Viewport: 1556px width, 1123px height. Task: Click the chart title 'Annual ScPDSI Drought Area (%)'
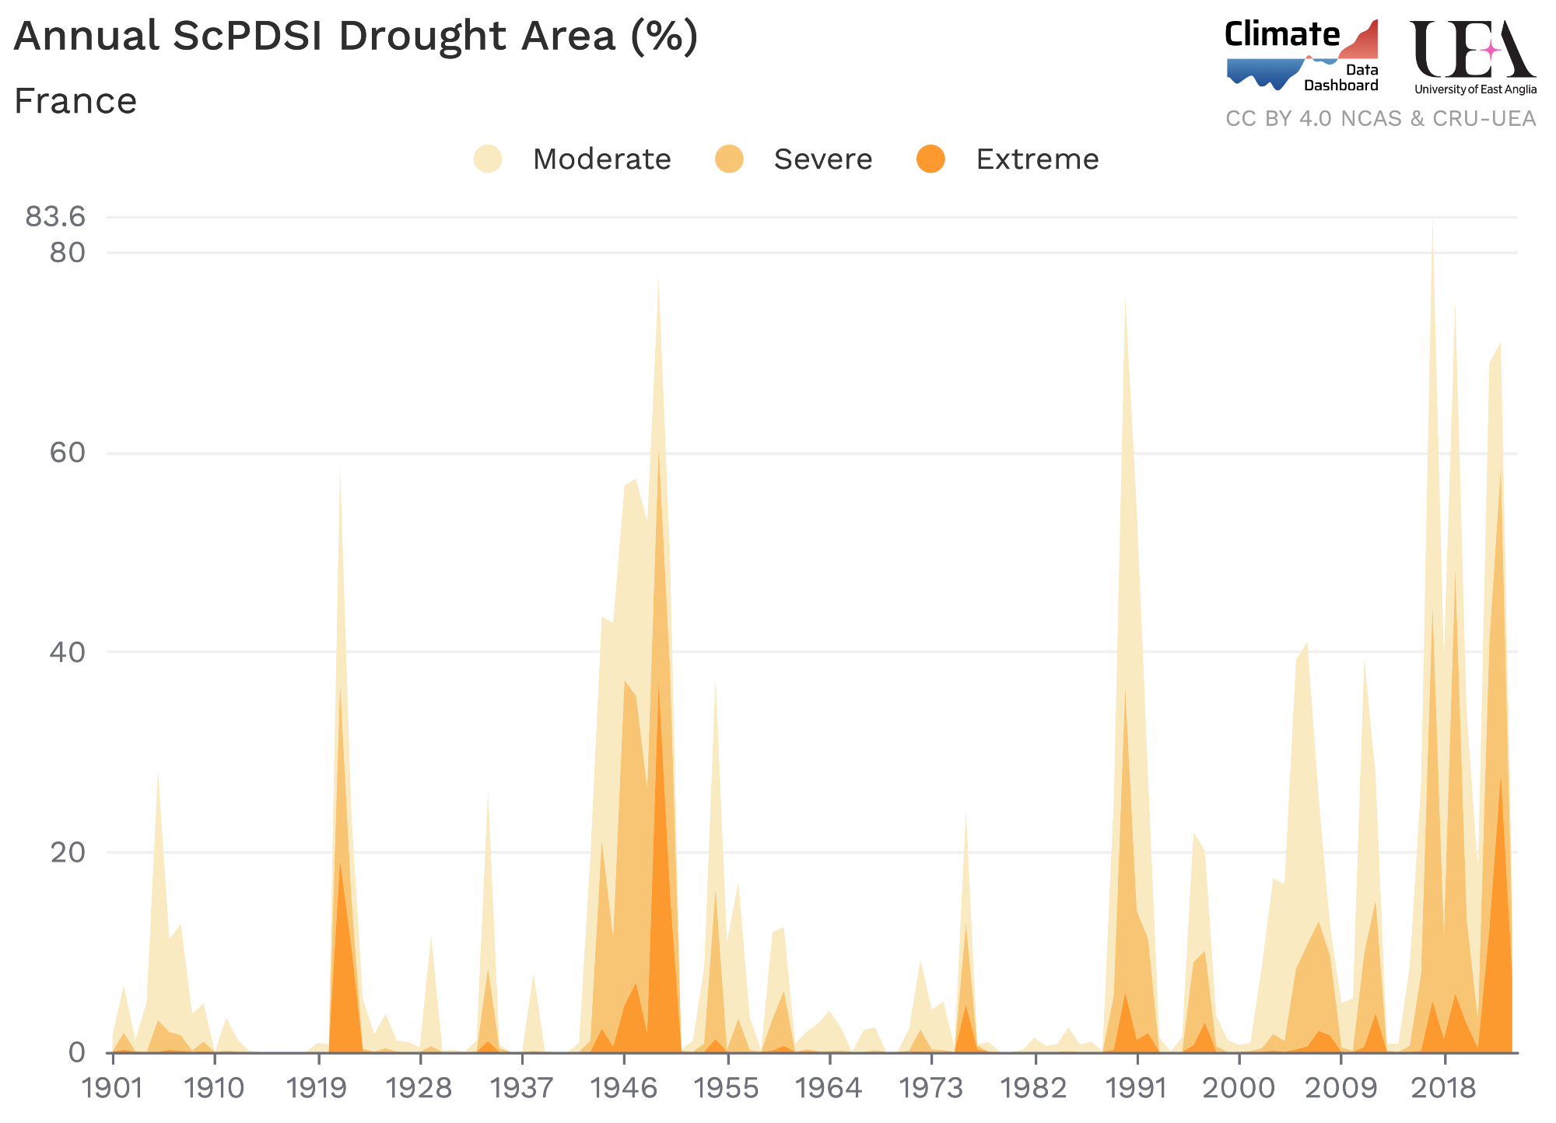pyautogui.click(x=356, y=37)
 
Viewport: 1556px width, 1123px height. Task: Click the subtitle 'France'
pyautogui.click(x=75, y=102)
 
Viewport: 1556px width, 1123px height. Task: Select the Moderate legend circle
pyautogui.click(x=488, y=159)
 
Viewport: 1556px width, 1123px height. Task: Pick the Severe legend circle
pyautogui.click(x=729, y=159)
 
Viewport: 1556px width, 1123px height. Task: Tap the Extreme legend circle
pyautogui.click(x=930, y=159)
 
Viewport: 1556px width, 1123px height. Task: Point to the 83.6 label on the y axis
pyautogui.click(x=55, y=217)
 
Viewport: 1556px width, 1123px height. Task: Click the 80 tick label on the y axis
pyautogui.click(x=67, y=253)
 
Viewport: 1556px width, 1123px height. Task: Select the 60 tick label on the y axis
pyautogui.click(x=67, y=453)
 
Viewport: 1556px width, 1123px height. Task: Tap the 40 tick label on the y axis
pyautogui.click(x=67, y=652)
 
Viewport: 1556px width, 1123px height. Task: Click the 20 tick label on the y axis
pyautogui.click(x=67, y=852)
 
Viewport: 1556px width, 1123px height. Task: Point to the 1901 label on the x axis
pyautogui.click(x=113, y=1088)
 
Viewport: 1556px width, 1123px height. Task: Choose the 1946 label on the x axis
pyautogui.click(x=625, y=1088)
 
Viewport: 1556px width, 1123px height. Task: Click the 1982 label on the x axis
pyautogui.click(x=1035, y=1088)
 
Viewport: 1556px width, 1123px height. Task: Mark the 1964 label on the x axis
pyautogui.click(x=829, y=1088)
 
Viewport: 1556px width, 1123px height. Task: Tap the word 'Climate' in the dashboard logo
pyautogui.click(x=1282, y=35)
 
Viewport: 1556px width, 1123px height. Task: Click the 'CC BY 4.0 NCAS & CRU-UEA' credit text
pyautogui.click(x=1380, y=119)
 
